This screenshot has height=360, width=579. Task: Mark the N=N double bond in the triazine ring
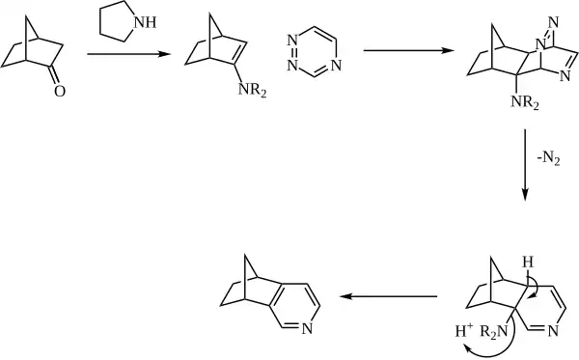pos(290,54)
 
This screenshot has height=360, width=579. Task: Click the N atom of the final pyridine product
pos(306,330)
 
